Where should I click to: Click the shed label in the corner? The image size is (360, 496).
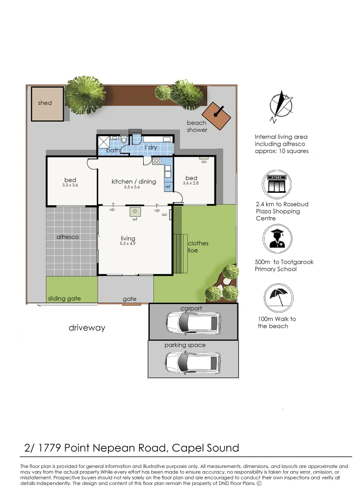pyautogui.click(x=45, y=103)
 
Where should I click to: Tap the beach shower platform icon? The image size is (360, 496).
pyautogui.click(x=217, y=116)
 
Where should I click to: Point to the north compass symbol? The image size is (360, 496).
pyautogui.click(x=280, y=106)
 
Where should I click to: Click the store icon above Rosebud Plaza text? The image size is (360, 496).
pyautogui.click(x=276, y=185)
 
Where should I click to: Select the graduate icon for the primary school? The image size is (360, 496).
pyautogui.click(x=277, y=239)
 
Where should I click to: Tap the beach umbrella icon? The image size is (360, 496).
pyautogui.click(x=278, y=298)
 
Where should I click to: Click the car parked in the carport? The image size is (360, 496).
pyautogui.click(x=193, y=323)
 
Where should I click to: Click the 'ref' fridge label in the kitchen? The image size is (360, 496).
pyautogui.click(x=168, y=186)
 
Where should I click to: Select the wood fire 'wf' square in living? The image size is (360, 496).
pyautogui.click(x=135, y=211)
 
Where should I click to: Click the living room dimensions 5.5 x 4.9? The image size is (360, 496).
pyautogui.click(x=128, y=243)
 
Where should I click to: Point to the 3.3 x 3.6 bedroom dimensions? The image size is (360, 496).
pyautogui.click(x=70, y=185)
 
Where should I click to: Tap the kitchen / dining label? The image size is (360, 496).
pyautogui.click(x=134, y=181)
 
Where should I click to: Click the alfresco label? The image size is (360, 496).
pyautogui.click(x=67, y=237)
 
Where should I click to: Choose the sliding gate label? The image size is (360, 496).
pyautogui.click(x=64, y=299)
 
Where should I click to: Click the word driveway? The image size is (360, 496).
pyautogui.click(x=87, y=328)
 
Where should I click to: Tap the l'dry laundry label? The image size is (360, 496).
pyautogui.click(x=151, y=147)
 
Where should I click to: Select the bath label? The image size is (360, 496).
pyautogui.click(x=113, y=150)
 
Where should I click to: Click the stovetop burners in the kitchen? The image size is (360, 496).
pyautogui.click(x=157, y=161)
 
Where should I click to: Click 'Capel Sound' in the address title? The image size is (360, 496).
pyautogui.click(x=205, y=448)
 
